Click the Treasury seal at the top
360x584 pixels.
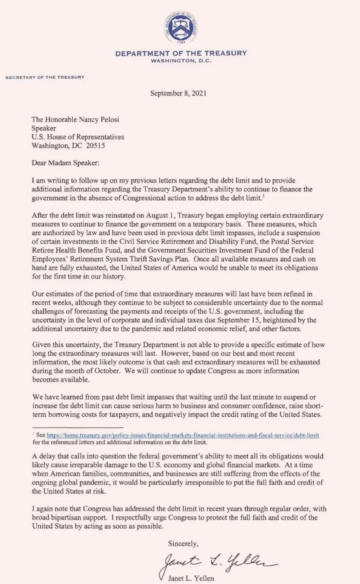(181, 27)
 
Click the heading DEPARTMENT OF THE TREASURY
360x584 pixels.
(181, 53)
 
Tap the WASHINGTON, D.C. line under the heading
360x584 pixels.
(181, 61)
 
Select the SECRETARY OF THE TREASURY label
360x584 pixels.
(45, 77)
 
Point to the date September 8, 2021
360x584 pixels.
(178, 93)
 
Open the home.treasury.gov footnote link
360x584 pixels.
(183, 435)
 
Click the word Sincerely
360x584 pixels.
(183, 543)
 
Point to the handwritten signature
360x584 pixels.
(216, 562)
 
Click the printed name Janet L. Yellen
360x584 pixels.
(191, 578)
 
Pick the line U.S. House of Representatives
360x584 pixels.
(78, 137)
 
